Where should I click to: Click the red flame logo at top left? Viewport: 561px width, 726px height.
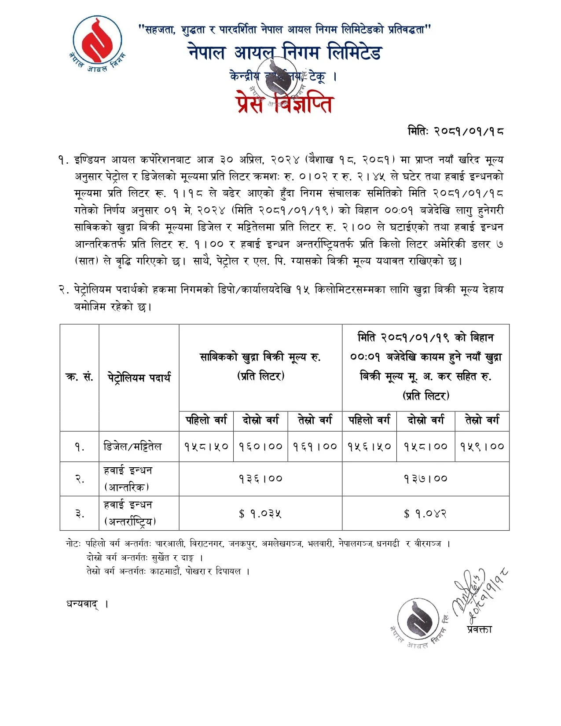point(97,41)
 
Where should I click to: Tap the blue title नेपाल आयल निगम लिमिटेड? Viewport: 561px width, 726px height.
point(285,53)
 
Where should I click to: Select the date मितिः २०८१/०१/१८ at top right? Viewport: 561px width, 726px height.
point(455,131)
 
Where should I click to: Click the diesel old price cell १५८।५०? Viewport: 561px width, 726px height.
point(206,446)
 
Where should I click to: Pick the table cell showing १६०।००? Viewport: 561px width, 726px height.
point(260,446)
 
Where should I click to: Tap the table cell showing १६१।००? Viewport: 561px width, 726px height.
point(315,446)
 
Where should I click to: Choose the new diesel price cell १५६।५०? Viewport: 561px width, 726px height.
point(369,446)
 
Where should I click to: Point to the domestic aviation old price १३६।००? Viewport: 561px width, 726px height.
point(260,478)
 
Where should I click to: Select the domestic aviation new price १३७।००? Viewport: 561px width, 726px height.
point(425,478)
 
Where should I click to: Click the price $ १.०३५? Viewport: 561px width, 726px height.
point(260,513)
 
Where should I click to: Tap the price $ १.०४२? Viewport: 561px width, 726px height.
point(425,513)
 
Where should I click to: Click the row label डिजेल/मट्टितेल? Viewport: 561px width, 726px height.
point(132,447)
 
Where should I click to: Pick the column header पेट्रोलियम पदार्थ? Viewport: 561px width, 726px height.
point(139,378)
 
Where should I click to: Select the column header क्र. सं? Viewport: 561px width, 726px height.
point(79,378)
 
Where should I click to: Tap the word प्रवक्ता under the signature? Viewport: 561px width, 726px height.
point(480,629)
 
